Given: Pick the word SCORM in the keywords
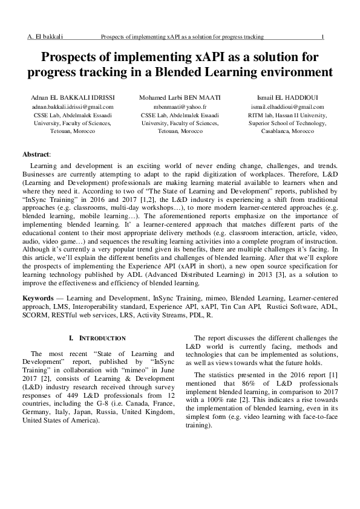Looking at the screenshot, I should [x=35, y=315].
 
